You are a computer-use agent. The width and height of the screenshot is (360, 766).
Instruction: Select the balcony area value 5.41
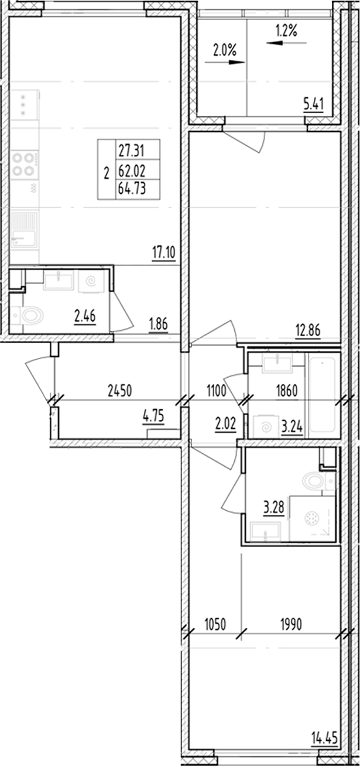click(313, 106)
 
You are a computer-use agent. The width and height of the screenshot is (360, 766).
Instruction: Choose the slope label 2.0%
click(225, 51)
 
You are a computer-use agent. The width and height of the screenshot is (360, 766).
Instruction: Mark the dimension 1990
click(290, 624)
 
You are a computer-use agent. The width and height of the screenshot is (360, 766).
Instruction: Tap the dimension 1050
click(215, 624)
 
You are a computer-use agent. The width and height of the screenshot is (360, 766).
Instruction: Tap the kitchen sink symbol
click(24, 230)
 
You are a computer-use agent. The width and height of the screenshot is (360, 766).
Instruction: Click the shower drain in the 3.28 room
click(313, 518)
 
